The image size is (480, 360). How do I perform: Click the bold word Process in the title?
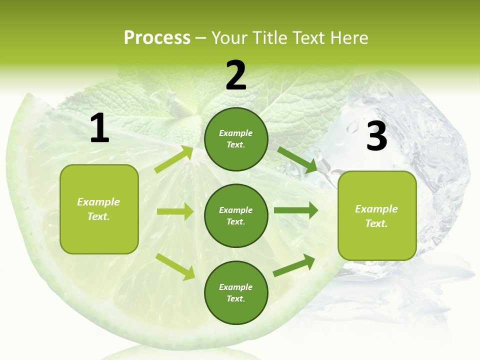(157, 38)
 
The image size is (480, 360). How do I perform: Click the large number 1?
(99, 128)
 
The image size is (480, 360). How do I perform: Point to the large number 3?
(376, 136)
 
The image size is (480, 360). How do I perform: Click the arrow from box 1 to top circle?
(173, 159)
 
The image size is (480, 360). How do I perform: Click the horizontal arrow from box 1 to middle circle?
(175, 211)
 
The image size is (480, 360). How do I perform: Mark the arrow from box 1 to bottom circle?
(175, 266)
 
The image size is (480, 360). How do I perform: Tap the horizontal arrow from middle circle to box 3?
(296, 210)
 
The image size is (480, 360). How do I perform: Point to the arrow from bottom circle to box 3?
(294, 265)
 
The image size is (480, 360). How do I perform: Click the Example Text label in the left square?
(98, 209)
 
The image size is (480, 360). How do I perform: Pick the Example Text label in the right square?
(376, 216)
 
